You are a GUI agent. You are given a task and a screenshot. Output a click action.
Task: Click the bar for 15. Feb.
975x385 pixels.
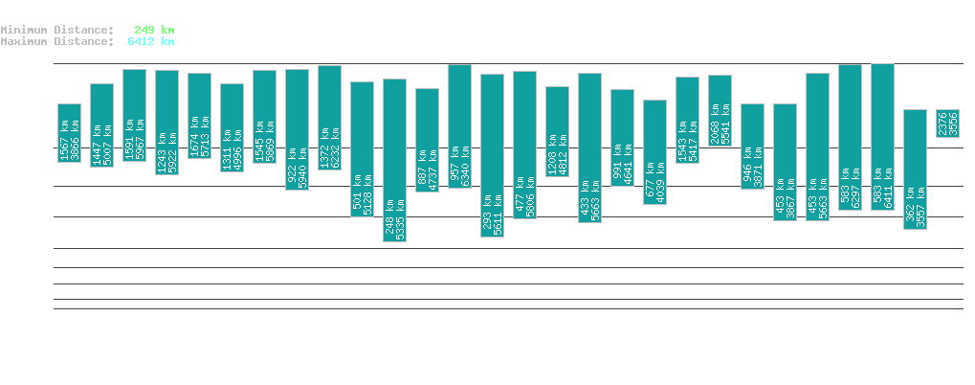394,160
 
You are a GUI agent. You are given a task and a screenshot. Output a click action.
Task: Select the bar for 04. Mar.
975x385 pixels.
947,124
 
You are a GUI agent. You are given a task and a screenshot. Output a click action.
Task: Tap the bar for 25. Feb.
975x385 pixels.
720,110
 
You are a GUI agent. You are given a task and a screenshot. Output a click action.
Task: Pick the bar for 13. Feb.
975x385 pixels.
329,118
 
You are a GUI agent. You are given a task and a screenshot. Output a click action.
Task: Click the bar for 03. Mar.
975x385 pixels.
915,170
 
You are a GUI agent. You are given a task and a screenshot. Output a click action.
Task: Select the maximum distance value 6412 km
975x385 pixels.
150,41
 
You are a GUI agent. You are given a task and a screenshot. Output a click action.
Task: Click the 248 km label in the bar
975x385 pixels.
388,218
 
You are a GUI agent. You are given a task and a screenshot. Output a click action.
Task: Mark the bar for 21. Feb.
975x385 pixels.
589,147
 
